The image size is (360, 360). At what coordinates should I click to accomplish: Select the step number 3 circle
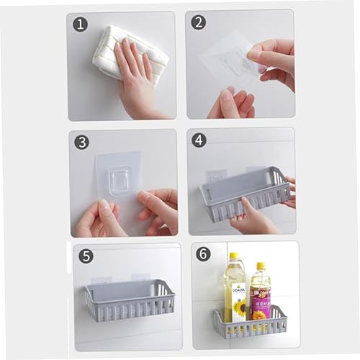[81, 142]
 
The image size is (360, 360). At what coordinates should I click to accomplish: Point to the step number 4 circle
[199, 140]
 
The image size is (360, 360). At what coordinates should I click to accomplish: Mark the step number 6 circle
[204, 256]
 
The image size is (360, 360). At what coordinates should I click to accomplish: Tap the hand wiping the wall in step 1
[137, 79]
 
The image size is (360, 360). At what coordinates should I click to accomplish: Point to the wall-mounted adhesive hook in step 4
[216, 175]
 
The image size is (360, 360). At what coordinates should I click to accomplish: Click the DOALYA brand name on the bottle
[238, 291]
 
